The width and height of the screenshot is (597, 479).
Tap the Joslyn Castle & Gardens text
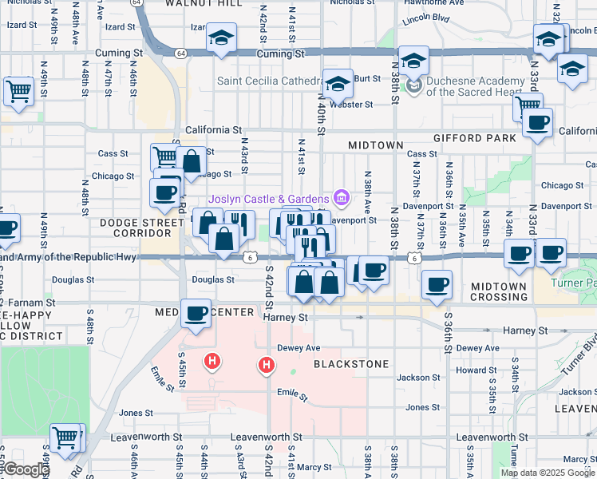(269, 199)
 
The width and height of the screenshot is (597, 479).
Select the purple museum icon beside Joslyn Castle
(341, 197)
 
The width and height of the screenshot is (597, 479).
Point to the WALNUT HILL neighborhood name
(204, 4)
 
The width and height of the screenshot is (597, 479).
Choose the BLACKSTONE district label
(351, 364)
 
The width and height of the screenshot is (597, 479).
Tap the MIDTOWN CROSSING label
(499, 291)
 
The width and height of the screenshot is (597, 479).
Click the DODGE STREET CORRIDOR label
(136, 228)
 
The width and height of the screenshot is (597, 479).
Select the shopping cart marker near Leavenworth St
(66, 437)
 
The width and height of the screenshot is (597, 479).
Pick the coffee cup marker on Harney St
(196, 313)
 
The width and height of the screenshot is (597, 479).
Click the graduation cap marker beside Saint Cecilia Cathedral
(338, 82)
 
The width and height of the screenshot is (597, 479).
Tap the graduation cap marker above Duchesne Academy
(413, 60)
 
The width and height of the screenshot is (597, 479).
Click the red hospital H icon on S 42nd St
(267, 366)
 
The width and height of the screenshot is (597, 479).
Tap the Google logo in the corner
(26, 470)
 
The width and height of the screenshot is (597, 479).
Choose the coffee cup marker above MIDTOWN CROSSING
(436, 284)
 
